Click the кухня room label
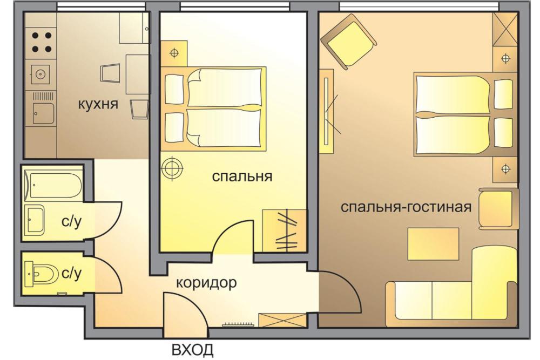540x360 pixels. point(98,104)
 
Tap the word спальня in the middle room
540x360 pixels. point(242,176)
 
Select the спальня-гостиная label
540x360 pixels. point(406,207)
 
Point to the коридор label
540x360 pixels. point(206,283)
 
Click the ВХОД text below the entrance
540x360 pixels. point(193,350)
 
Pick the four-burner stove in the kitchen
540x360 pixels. point(42,42)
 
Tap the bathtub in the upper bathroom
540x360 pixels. point(55,185)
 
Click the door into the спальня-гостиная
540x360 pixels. point(339,293)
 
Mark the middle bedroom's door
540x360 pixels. point(233,237)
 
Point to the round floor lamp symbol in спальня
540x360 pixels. point(173,168)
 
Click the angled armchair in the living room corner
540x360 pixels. point(348,41)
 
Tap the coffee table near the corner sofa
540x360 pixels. point(433,243)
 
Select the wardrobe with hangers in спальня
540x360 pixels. point(284,230)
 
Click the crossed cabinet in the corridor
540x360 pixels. point(282,320)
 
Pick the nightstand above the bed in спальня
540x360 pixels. point(174,53)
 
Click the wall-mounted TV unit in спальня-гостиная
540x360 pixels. point(327,111)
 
